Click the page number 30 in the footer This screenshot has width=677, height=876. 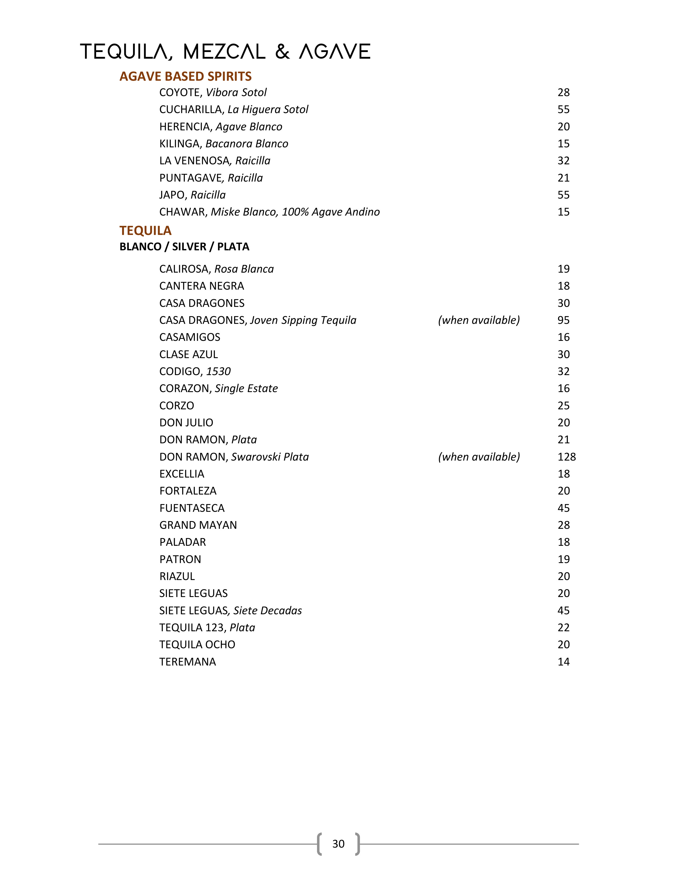338,844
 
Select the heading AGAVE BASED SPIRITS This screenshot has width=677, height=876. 185,76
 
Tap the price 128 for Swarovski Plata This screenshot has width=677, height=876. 566,457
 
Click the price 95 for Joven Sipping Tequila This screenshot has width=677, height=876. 563,320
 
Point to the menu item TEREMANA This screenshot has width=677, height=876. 187,662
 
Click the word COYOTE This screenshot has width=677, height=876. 181,93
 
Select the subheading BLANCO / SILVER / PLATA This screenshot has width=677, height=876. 184,247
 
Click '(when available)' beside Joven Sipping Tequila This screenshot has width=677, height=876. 479,320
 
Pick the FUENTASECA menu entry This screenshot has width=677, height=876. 192,508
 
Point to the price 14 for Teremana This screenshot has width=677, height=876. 563,662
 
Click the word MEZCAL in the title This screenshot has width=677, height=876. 224,52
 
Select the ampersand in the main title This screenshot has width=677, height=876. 282,52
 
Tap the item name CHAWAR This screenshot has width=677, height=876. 182,212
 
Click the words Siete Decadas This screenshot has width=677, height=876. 268,611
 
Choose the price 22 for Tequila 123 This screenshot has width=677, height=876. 563,628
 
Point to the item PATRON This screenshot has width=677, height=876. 180,560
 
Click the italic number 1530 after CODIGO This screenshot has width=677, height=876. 218,371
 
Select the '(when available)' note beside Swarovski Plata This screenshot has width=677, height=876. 479,457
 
